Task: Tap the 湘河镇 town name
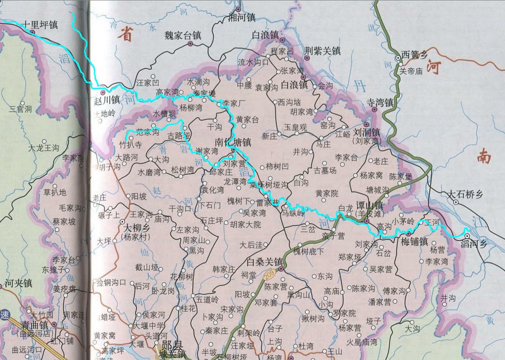pos(241,18)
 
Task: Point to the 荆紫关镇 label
pos(322,50)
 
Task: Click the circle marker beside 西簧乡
pos(398,58)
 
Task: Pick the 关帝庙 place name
pos(411,71)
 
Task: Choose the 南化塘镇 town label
pos(233,141)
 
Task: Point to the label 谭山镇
pos(369,205)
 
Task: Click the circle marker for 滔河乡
pos(466,236)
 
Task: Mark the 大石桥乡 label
pos(465,194)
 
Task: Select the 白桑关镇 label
pos(265,261)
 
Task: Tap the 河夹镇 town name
pos(18,283)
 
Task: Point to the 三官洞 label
pos(21,109)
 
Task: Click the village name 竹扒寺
pos(131,145)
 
